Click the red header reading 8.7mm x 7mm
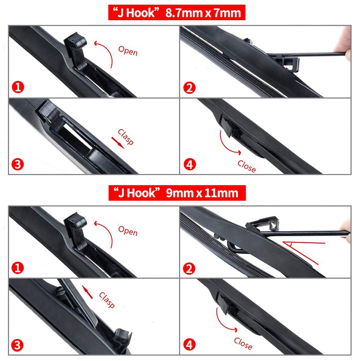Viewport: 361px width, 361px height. point(177,12)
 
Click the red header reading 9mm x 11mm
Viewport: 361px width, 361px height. point(177,193)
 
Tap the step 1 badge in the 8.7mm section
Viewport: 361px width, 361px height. point(18,87)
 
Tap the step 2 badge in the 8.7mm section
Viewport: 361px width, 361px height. point(189,88)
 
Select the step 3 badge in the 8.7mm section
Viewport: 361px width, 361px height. point(18,164)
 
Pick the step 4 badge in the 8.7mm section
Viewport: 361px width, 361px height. point(190,164)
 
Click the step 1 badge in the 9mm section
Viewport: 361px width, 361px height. point(18,268)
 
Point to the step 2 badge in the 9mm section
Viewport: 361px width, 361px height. point(189,269)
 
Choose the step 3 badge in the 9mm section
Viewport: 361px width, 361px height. point(17,345)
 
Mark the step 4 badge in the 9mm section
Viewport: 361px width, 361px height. point(190,345)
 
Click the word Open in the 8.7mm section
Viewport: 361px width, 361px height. point(128,51)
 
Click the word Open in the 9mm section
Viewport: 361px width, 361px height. point(128,231)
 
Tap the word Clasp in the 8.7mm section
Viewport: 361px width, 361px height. point(126,137)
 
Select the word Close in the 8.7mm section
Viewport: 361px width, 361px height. point(247,166)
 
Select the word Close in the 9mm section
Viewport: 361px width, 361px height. point(243,344)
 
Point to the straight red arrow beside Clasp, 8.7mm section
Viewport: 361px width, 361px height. point(118,143)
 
